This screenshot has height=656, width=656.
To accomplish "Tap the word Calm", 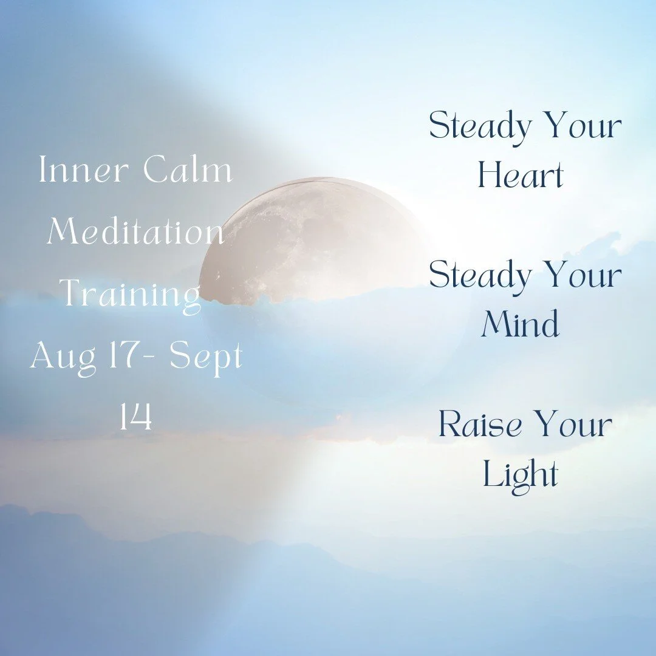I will [x=188, y=171].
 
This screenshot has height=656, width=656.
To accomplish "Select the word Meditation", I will [x=135, y=232].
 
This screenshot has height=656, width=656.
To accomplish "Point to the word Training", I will [x=131, y=295].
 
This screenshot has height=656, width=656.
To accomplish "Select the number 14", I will [x=135, y=419].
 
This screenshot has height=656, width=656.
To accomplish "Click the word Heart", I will [x=521, y=176].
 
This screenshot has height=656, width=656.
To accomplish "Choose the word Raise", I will [x=480, y=425].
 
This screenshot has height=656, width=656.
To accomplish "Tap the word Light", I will [x=521, y=474].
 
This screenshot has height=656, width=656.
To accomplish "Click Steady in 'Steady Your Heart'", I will [x=479, y=128].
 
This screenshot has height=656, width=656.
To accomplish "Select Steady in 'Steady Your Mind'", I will [x=479, y=276].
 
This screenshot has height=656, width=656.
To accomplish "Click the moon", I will [x=304, y=243].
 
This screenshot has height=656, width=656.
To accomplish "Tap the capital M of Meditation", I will [x=63, y=231].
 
